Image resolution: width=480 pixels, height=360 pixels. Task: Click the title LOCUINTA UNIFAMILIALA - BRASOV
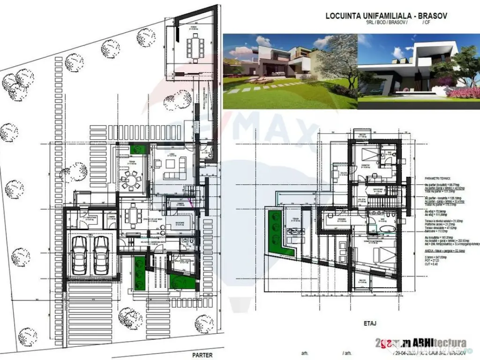click(x=386, y=16)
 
